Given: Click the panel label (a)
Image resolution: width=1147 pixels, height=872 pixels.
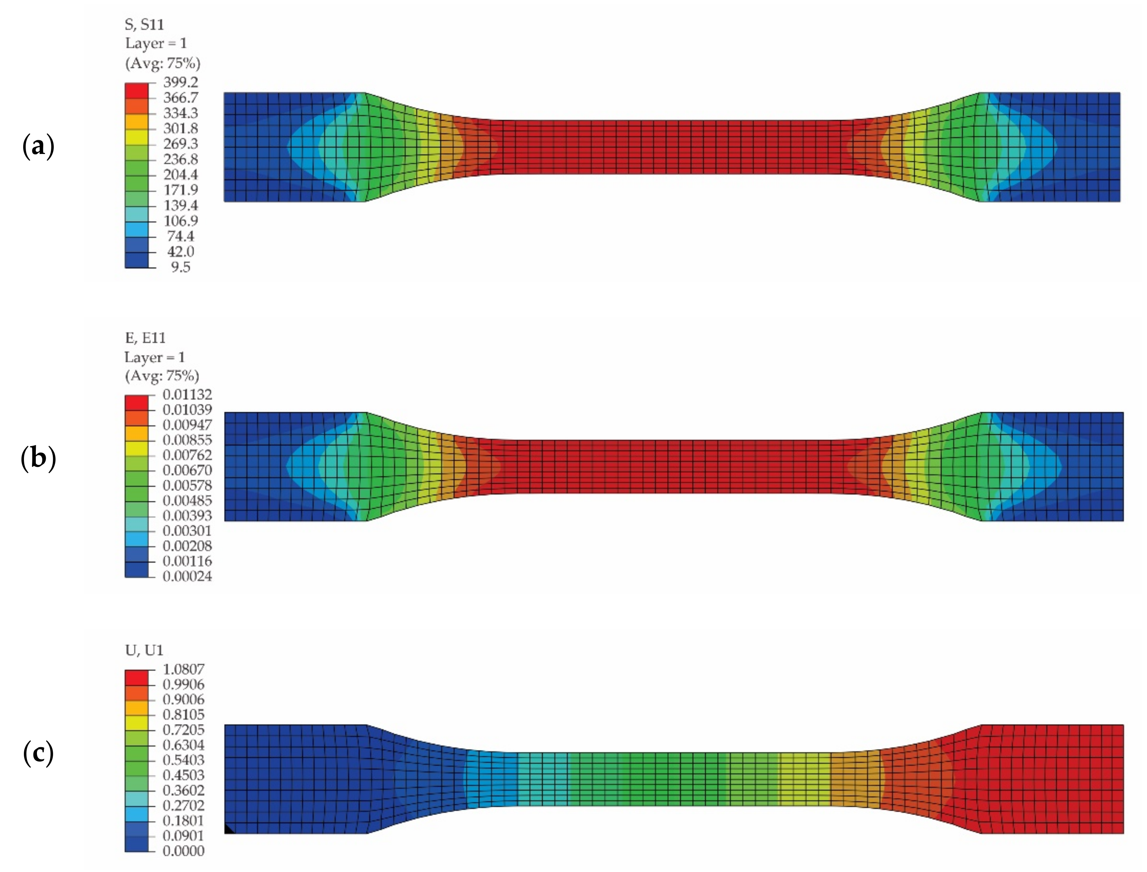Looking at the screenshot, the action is tap(38, 147).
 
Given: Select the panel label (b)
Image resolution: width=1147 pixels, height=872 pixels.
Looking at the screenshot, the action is tap(38, 459).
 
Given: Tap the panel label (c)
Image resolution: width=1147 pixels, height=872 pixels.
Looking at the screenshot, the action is tap(38, 754).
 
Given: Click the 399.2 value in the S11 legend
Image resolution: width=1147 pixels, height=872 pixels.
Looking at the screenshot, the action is tap(181, 82).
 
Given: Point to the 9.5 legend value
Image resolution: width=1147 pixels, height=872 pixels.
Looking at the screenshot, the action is tap(181, 267).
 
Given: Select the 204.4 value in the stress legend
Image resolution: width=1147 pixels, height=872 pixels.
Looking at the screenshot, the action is tap(181, 174).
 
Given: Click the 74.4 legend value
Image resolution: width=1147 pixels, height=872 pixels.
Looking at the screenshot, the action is tap(181, 236).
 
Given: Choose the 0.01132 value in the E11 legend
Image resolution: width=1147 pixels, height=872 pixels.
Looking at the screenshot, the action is tap(187, 394).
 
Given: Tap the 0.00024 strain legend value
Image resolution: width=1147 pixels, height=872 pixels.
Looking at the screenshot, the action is tap(187, 576).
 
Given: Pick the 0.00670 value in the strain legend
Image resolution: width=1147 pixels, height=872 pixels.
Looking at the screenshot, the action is tap(187, 470).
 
